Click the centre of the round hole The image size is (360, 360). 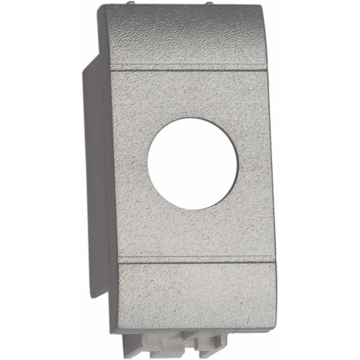coord(193,163)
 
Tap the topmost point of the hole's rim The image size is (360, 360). coord(193,118)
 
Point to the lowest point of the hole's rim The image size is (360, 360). coord(193,209)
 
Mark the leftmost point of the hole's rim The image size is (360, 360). coord(147,163)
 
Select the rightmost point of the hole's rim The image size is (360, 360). coord(238,163)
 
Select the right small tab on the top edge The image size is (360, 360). coord(208,4)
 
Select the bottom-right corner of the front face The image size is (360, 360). coord(275,331)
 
